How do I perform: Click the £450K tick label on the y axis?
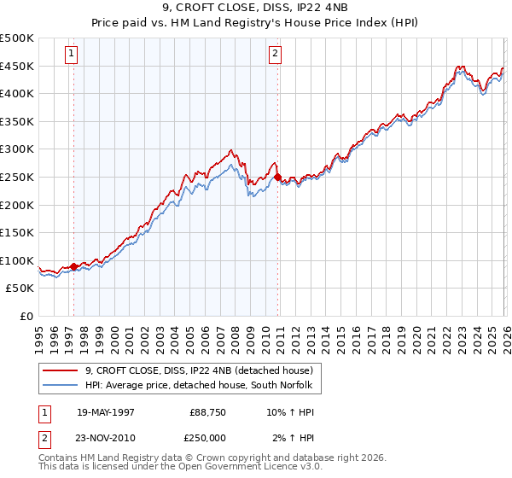pos(17,66)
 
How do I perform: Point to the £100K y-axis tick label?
pos(17,260)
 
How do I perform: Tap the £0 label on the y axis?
pos(26,317)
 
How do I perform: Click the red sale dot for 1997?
pos(74,266)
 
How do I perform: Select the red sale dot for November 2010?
pos(278,177)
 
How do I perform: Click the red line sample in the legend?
pos(61,371)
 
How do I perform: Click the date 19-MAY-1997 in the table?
pos(105,411)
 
